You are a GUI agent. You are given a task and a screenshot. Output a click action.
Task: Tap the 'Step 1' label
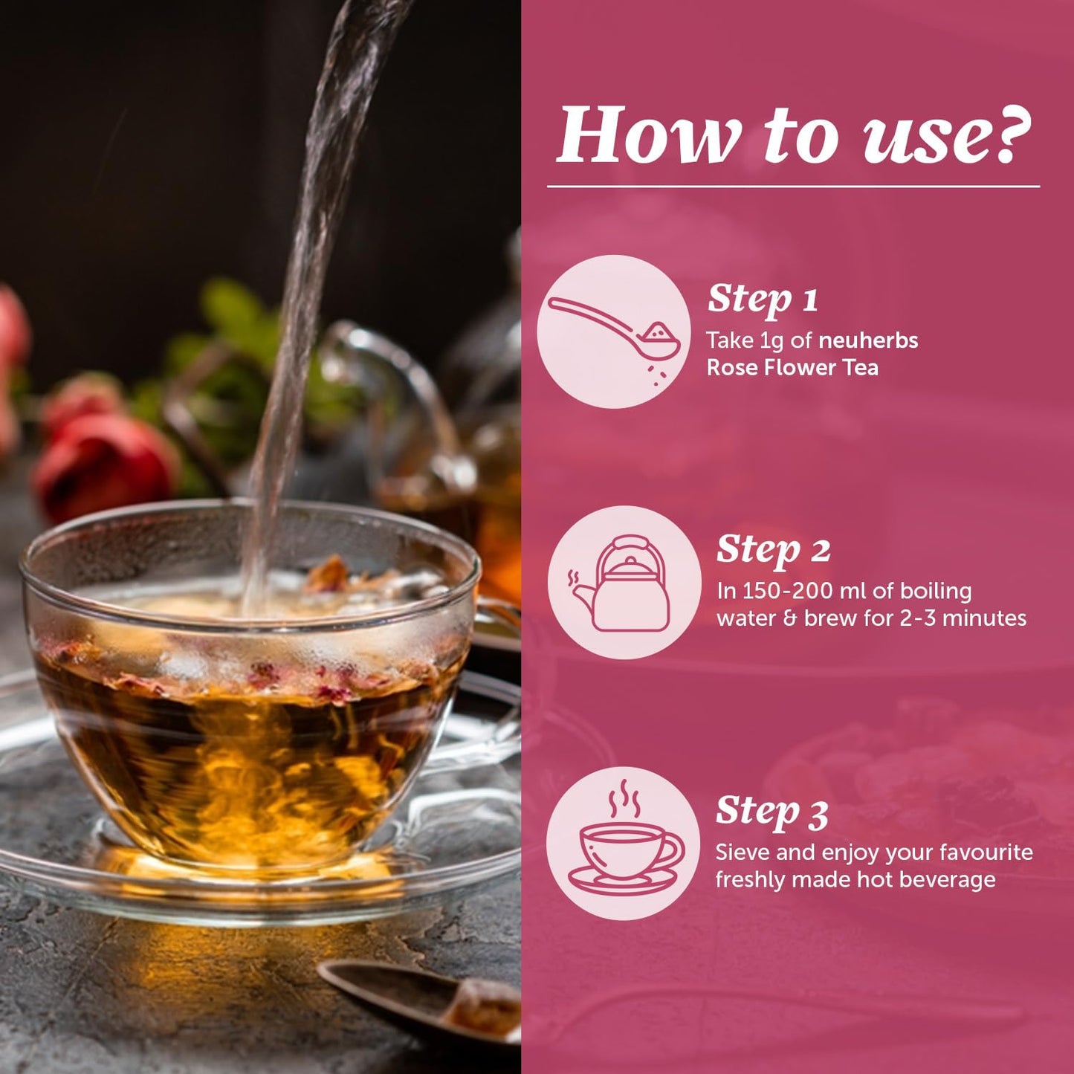click(x=763, y=299)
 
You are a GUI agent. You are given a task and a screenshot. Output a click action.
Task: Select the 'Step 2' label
click(x=773, y=550)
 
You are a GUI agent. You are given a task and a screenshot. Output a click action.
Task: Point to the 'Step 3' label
click(x=771, y=811)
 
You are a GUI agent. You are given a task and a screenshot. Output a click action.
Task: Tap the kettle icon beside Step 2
click(x=624, y=583)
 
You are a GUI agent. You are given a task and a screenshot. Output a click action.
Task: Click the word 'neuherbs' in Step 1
click(x=868, y=340)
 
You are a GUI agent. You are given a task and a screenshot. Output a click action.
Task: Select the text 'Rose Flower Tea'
click(x=792, y=367)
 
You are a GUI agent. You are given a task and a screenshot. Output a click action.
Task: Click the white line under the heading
click(x=794, y=187)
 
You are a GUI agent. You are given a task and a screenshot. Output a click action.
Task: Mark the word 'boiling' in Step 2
click(x=936, y=591)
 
